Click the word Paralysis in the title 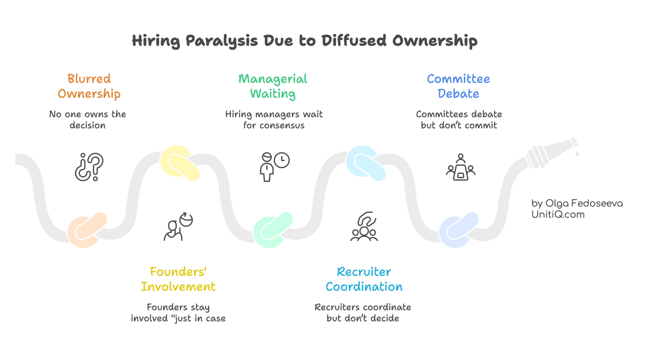(221, 41)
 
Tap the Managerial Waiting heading (273, 86)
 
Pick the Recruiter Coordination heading (364, 279)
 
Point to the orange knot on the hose (87, 229)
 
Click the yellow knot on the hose (180, 163)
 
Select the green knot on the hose (273, 229)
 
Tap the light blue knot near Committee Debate (366, 163)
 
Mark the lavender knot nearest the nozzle (459, 229)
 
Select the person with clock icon (274, 166)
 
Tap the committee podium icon (461, 167)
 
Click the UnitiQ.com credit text (558, 215)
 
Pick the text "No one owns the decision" (87, 120)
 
